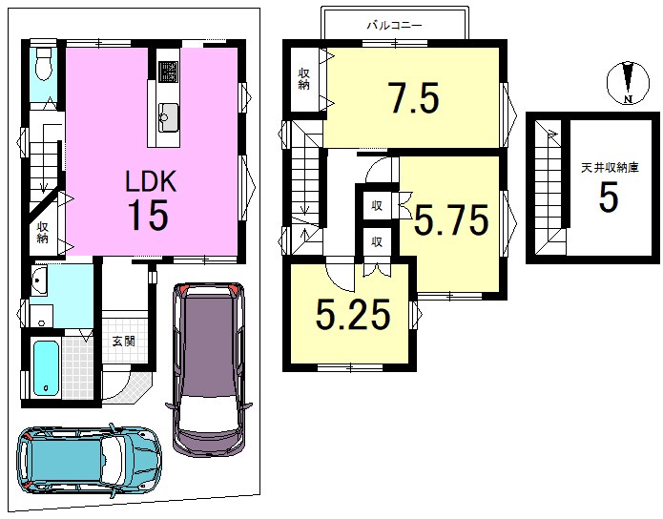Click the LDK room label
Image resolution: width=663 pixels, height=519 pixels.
pos(150,182)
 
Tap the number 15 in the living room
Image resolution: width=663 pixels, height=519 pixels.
pos(148,215)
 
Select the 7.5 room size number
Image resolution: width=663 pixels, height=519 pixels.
pos(414,98)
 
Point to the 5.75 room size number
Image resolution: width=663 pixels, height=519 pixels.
pos(451,219)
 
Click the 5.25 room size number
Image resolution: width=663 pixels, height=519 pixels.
pos(353,314)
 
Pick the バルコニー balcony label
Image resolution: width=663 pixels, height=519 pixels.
pos(394,26)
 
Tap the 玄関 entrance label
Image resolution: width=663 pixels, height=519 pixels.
pos(124,341)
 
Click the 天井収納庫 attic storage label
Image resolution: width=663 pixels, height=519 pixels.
pos(610,168)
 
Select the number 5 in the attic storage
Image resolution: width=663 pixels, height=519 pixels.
pos(609,197)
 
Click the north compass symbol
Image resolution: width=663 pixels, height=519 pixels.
pos(628,82)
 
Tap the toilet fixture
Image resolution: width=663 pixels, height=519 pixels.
pos(44,64)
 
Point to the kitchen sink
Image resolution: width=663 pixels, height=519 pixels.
pos(169,117)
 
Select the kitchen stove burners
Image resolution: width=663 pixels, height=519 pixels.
pos(168,72)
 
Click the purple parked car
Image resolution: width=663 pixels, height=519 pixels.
pos(210,369)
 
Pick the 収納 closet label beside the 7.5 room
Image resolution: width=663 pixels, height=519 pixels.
pos(303,78)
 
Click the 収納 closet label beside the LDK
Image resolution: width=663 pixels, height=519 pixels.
pos(42,232)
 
